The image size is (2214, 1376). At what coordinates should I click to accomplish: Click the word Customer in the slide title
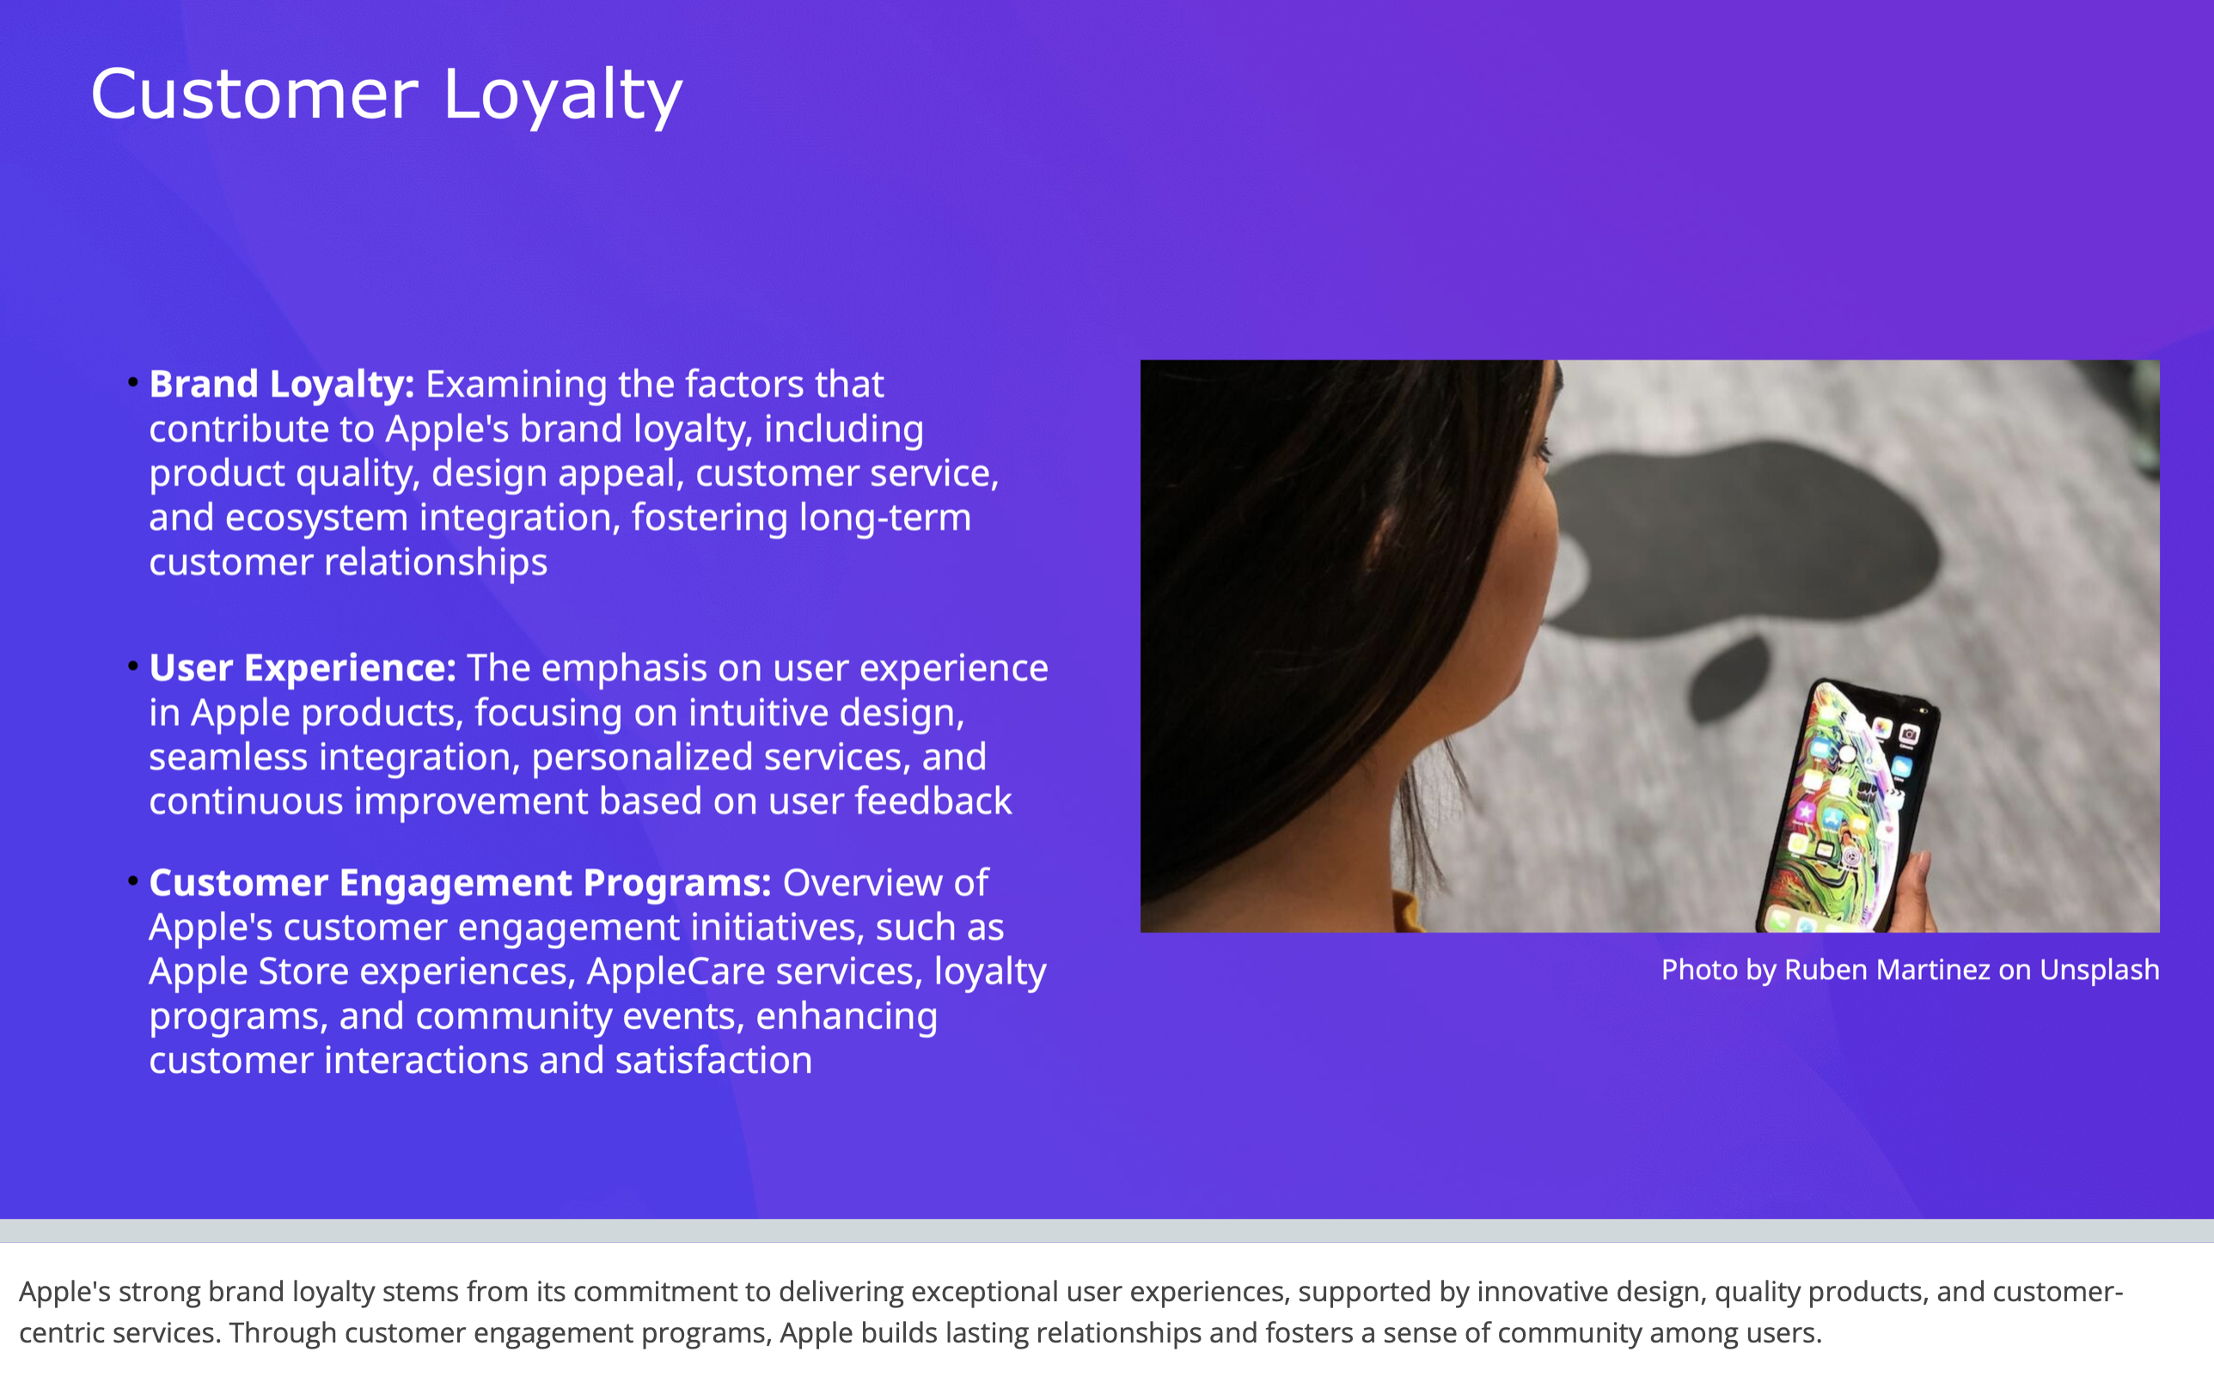254,94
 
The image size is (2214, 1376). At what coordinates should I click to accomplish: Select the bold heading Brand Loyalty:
281,385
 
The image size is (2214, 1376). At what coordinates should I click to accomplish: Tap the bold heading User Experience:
303,668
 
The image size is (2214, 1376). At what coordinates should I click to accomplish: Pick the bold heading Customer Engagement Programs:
460,883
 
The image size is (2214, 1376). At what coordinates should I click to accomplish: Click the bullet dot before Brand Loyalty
133,382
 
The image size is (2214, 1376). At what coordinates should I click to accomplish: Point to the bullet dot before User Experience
133,667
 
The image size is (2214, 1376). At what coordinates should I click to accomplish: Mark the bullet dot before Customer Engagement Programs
133,880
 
